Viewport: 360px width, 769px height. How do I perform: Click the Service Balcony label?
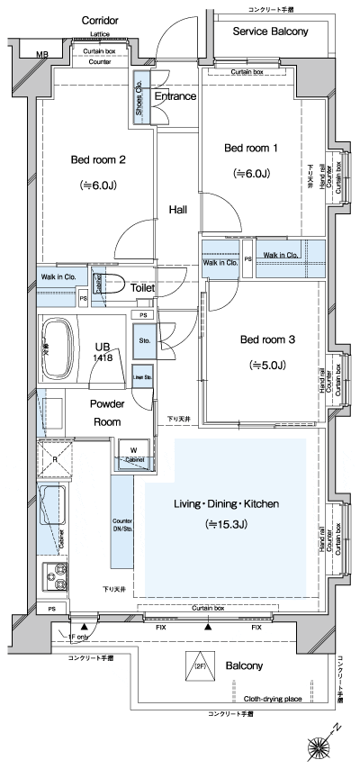(270, 32)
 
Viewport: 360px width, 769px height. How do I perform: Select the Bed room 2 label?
(97, 160)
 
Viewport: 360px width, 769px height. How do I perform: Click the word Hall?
(178, 210)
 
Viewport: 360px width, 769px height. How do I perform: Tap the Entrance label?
(175, 95)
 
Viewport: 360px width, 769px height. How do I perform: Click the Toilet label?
(144, 288)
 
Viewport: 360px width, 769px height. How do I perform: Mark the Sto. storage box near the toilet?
(144, 341)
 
